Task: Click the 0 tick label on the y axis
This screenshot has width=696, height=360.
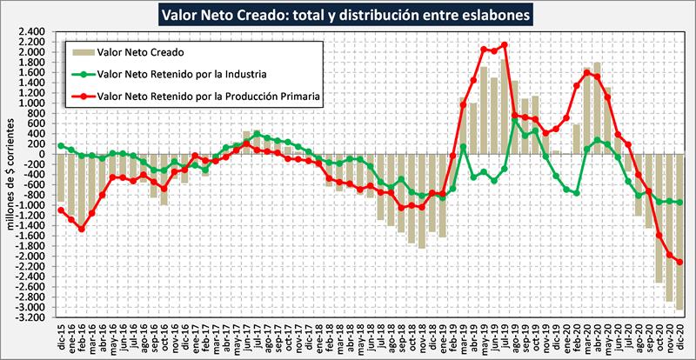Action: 41,155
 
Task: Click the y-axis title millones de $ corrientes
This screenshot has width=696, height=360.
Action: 10,174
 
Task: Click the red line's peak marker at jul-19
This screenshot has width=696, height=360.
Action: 505,45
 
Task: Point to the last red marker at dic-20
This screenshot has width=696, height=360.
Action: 679,262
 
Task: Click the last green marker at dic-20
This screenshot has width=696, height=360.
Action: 679,203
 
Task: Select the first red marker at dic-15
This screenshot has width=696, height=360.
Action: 60,210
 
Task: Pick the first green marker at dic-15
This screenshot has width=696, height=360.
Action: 60,145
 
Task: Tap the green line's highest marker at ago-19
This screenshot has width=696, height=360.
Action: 515,119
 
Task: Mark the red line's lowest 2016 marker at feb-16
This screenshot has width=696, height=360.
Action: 81,230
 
